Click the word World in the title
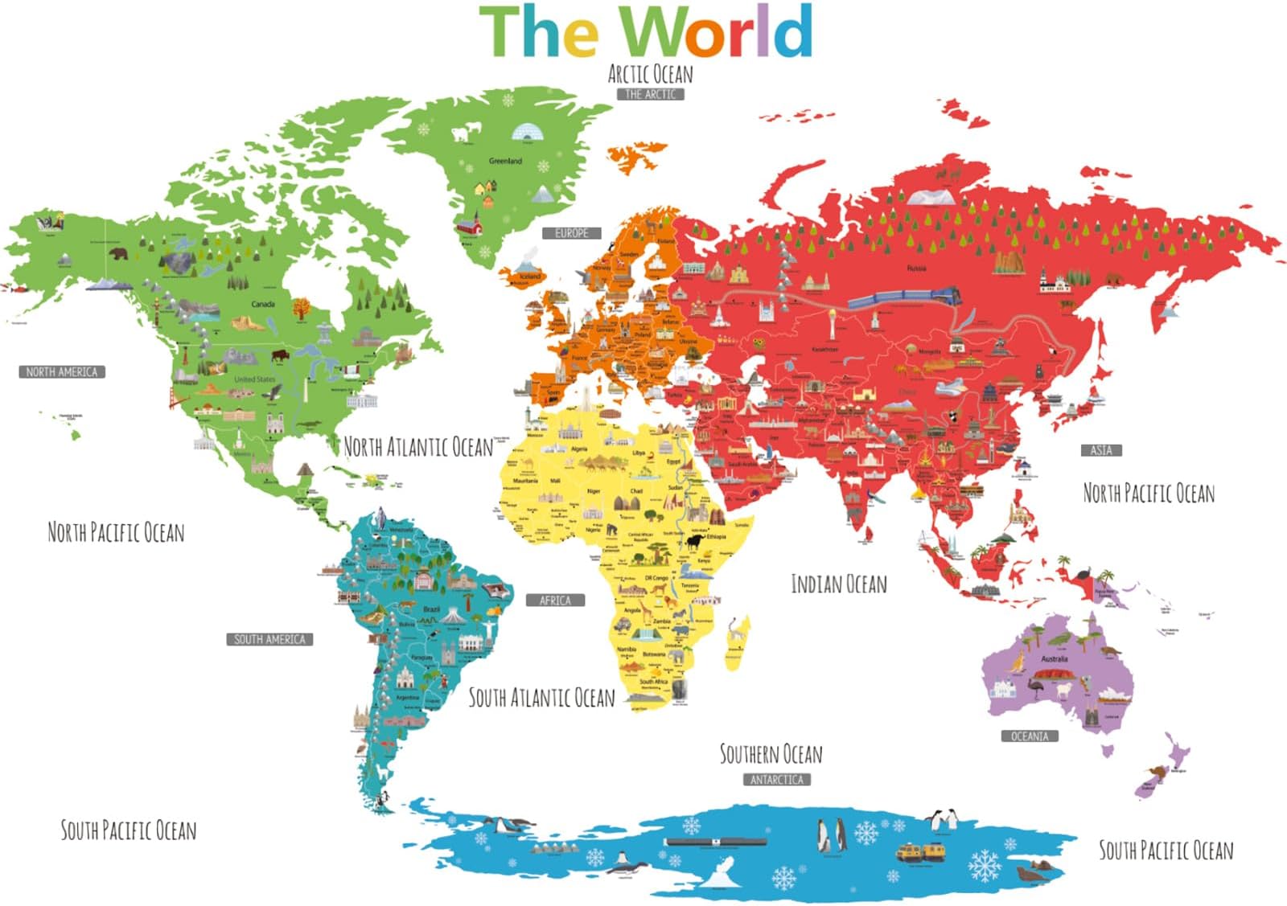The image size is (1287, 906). coord(717,32)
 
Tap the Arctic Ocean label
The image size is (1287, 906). coord(650,75)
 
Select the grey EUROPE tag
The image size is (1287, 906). coord(571,233)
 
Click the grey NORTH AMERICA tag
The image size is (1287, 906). coord(62,372)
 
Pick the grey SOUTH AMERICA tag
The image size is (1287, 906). coord(269,639)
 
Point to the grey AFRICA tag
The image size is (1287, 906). coord(555,601)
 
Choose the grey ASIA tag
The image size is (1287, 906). coord(1100,450)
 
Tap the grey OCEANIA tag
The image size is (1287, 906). coord(1030,736)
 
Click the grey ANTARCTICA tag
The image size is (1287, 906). coord(776,780)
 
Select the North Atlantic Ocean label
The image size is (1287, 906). coord(418,447)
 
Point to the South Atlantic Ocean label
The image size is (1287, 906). coord(541,698)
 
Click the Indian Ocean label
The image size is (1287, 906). coord(839,584)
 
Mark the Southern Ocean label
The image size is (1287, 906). coord(771,754)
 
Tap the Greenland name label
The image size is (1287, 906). coord(505,162)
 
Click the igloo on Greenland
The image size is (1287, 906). coord(526,132)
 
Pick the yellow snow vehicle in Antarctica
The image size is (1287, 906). coord(921,852)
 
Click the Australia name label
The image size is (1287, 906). coord(1054,659)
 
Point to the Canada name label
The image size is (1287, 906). coord(263,305)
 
